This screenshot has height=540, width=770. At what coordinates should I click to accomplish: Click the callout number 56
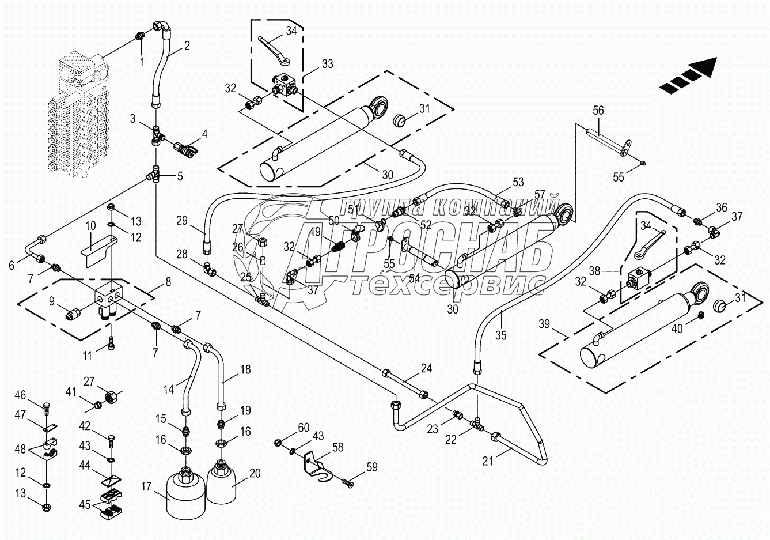(598, 111)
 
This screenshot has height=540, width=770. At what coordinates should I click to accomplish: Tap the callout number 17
(146, 486)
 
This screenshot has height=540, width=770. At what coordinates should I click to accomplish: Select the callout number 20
(255, 473)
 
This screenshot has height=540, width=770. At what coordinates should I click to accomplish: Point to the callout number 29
(182, 221)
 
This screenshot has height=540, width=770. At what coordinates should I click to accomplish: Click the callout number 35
(501, 335)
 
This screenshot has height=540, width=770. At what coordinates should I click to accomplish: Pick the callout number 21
(487, 461)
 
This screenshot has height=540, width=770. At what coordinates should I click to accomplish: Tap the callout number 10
(91, 226)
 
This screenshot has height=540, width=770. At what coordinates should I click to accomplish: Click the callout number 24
(426, 368)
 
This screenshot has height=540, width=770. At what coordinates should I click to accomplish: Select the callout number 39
(544, 324)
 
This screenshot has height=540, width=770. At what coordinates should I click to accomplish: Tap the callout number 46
(20, 395)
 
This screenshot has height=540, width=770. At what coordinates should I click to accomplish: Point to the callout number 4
(204, 134)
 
